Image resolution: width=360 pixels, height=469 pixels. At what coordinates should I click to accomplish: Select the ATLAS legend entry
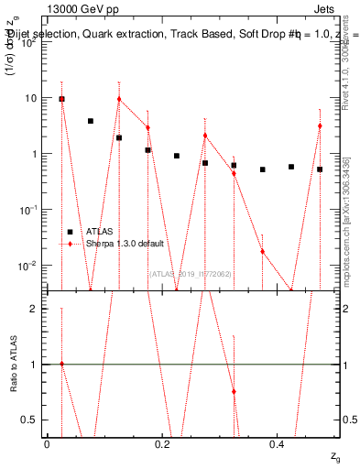pos(98,232)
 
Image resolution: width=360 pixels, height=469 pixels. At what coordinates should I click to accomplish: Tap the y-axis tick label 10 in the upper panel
pos(30,98)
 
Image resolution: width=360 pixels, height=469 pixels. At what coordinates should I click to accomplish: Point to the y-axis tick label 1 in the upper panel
pos(34,154)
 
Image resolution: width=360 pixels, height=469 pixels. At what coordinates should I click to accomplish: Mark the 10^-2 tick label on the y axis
pos(28,266)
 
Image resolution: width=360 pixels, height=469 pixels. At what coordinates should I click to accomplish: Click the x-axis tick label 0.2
pos(162,443)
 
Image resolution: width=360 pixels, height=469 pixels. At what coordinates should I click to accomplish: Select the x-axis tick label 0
pos(47,443)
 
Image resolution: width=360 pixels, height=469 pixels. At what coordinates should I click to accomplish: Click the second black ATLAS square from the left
pos(91,121)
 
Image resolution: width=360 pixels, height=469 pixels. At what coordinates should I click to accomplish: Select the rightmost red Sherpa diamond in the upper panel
pos(320,125)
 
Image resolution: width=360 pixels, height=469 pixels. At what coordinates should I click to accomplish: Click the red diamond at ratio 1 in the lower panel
pos(61,364)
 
